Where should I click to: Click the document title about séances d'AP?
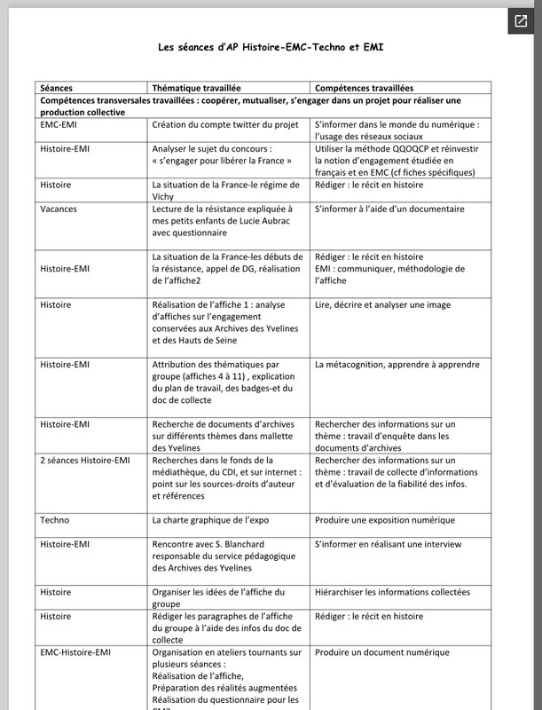[x=271, y=45]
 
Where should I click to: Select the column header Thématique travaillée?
[x=196, y=89]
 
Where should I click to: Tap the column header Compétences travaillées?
[x=364, y=89]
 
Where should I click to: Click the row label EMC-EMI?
[x=59, y=125]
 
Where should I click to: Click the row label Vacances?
[x=59, y=209]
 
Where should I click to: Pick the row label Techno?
[x=55, y=519]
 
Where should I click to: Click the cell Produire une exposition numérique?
[x=384, y=519]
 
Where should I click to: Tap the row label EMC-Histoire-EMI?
[x=75, y=652]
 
